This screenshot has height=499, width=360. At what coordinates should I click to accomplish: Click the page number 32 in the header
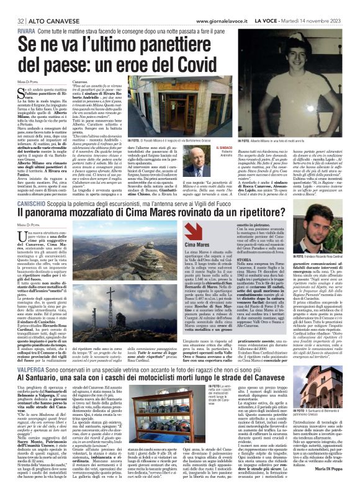coord(12,5)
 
